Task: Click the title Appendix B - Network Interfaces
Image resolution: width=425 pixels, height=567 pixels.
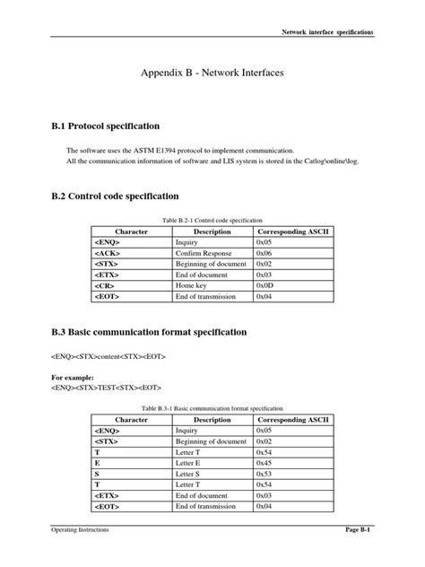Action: (x=212, y=79)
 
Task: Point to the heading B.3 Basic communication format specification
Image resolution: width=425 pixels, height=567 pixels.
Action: (x=154, y=332)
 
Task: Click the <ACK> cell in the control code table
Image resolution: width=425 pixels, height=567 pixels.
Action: (x=106, y=254)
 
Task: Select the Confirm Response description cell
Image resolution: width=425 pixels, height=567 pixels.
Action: (x=205, y=254)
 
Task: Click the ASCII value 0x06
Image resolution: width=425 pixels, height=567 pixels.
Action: (x=265, y=254)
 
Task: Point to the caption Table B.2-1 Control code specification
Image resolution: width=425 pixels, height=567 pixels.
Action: (x=212, y=220)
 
